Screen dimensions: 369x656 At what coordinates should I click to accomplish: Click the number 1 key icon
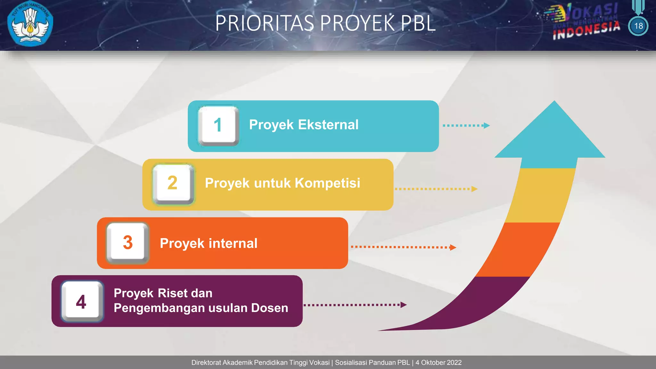pyautogui.click(x=218, y=126)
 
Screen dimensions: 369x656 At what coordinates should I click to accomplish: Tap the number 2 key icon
pyautogui.click(x=173, y=184)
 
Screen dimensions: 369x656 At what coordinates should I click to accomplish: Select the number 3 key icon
pyautogui.click(x=127, y=243)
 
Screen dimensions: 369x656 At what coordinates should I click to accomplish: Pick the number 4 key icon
pyautogui.click(x=82, y=302)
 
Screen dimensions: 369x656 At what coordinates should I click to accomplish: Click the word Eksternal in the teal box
pyautogui.click(x=328, y=125)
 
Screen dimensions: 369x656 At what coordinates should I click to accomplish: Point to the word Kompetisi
pyautogui.click(x=327, y=183)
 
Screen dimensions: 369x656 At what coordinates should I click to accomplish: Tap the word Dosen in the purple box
pyautogui.click(x=269, y=308)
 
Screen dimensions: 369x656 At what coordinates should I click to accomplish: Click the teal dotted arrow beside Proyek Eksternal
pyautogui.click(x=466, y=126)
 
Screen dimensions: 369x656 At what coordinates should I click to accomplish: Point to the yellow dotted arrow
pyautogui.click(x=436, y=189)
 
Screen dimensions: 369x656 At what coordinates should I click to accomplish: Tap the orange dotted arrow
pyautogui.click(x=403, y=247)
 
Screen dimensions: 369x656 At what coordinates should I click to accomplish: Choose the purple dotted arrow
pyautogui.click(x=355, y=305)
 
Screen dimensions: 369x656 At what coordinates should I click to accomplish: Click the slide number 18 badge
pyautogui.click(x=638, y=26)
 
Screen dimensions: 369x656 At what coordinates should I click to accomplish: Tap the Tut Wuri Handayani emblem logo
pyautogui.click(x=30, y=23)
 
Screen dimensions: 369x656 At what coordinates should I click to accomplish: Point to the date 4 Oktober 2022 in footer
pyautogui.click(x=439, y=363)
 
